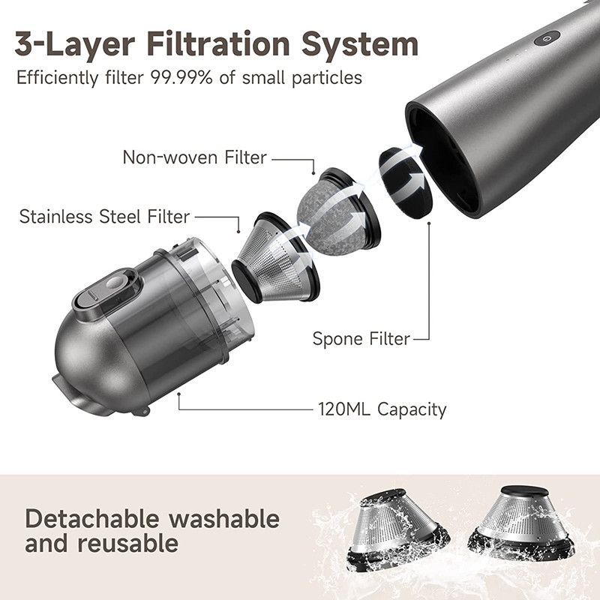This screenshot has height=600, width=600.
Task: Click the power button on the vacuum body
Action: click(x=547, y=38)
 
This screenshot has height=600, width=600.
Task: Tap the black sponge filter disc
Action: click(x=406, y=184)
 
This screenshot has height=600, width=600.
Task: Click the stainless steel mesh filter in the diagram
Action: click(x=276, y=258)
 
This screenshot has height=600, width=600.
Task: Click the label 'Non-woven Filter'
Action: click(x=194, y=157)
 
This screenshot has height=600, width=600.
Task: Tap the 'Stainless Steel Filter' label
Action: click(x=104, y=217)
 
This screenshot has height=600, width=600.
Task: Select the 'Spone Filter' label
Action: click(x=361, y=339)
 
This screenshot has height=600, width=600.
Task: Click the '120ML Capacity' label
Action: click(x=382, y=409)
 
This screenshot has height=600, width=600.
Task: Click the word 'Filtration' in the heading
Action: click(x=218, y=44)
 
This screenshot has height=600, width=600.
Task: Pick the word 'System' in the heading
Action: click(x=360, y=45)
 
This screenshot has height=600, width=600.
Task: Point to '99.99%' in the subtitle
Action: click(x=181, y=78)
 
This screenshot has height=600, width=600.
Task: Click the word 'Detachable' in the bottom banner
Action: click(x=91, y=519)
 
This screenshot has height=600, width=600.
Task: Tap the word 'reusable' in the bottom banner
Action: click(x=127, y=543)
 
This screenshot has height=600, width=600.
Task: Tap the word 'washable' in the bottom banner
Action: click(x=224, y=519)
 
